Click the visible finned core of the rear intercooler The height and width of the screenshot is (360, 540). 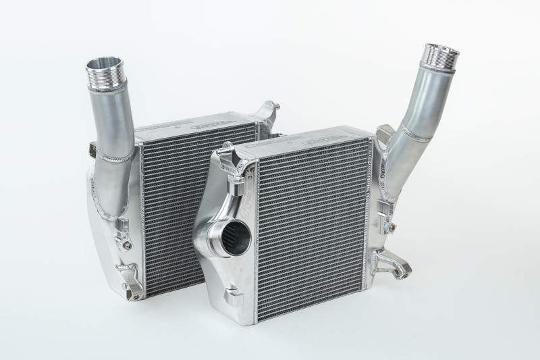click(169, 203)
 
